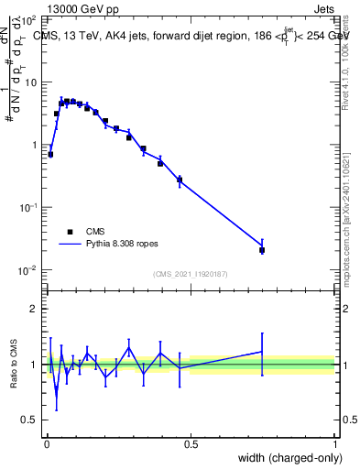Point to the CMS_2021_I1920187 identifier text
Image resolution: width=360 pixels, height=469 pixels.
(191, 274)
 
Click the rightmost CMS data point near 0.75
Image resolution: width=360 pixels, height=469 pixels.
(262, 250)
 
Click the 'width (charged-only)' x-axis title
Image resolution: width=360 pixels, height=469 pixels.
(286, 458)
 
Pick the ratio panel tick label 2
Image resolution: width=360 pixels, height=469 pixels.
(34, 309)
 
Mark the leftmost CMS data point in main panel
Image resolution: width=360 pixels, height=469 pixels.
(50, 155)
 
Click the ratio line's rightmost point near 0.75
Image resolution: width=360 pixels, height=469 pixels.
(262, 352)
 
